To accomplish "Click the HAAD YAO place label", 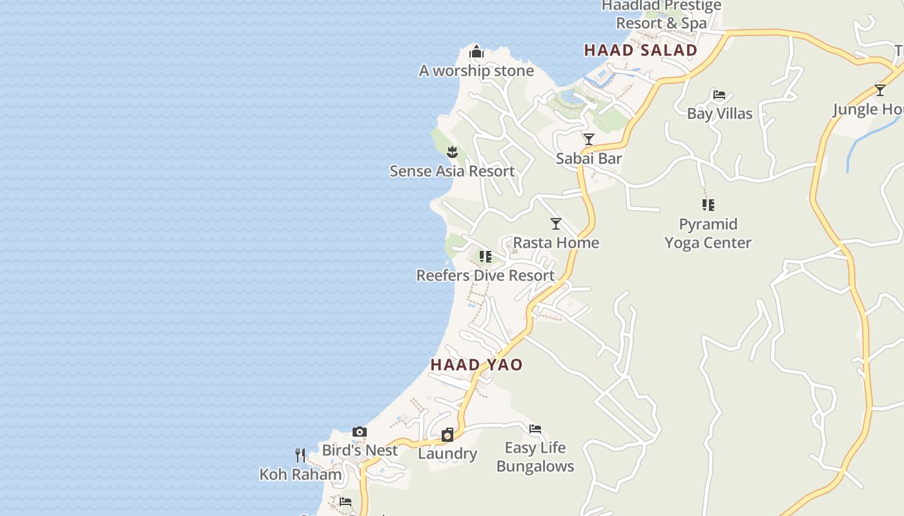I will coord(477,364).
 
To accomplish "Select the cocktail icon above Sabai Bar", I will coord(589,139).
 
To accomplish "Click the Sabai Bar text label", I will coord(589,158).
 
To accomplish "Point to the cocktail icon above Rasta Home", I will coord(556,224).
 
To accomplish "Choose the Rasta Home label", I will coord(556,243).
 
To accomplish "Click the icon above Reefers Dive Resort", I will coord(486,257).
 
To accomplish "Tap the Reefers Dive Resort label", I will coord(486,275).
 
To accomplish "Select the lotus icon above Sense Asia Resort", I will coord(452,152).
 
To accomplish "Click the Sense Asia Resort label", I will coord(452,171).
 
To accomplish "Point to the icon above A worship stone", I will coord(477,52).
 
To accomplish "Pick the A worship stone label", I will coord(477,71).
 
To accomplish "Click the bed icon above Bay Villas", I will coord(719,95).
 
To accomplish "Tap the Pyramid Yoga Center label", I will coord(708,233).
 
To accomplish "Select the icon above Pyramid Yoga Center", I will coord(708,205).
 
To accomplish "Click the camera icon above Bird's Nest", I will coord(360,432).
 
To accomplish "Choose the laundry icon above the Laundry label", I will coord(447,435).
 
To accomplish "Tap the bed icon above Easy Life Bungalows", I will coord(535,429).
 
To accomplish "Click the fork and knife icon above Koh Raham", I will coord(300,455).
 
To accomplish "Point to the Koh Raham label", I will coord(300,474).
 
